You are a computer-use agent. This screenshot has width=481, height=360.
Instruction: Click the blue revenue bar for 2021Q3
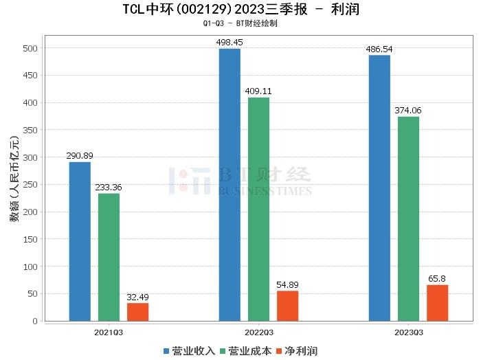tap(80, 241)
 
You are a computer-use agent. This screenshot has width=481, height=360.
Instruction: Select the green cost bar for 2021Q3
tap(109, 257)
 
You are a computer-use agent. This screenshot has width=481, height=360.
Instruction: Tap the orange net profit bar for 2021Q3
tap(137, 312)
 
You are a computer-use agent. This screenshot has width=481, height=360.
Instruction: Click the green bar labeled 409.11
tap(258, 209)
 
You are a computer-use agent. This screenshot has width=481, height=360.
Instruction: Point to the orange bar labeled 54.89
tap(287, 306)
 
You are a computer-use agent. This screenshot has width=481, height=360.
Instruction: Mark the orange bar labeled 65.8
tap(437, 303)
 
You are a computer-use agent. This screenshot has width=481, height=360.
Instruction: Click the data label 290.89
tap(80, 156)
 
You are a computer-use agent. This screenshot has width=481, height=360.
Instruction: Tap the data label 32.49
tap(137, 297)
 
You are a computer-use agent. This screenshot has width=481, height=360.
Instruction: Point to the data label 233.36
tap(109, 188)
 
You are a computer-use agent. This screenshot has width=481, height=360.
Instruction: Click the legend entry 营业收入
tap(190, 351)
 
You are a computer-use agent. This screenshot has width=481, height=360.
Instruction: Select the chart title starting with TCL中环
tap(240, 10)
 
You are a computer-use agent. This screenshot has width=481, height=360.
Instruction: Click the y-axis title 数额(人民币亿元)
tap(14, 184)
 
